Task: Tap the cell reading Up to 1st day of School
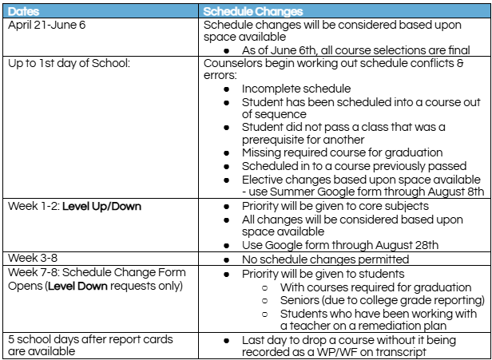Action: click(67, 61)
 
